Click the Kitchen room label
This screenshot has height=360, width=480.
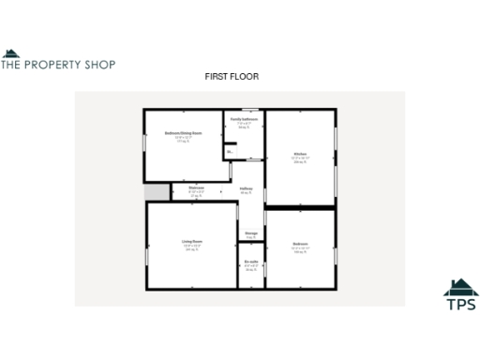300,153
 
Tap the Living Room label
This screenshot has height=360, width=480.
192,242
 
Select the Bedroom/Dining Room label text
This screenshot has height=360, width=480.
183,133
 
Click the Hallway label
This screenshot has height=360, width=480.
247,189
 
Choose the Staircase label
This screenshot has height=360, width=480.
197,187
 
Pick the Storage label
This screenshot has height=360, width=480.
251,233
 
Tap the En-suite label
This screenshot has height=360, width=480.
251,262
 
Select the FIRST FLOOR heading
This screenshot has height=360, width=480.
232,76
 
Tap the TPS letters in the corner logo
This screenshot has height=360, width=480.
460,304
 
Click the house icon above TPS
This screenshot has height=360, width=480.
460,286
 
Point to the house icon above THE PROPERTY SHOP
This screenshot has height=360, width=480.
9,52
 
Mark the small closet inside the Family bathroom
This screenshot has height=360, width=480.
229,150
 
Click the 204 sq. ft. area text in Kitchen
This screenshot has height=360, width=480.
300,162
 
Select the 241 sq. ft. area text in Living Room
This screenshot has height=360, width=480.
192,251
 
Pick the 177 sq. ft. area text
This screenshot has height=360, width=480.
183,142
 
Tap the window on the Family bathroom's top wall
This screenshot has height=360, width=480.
247,110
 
